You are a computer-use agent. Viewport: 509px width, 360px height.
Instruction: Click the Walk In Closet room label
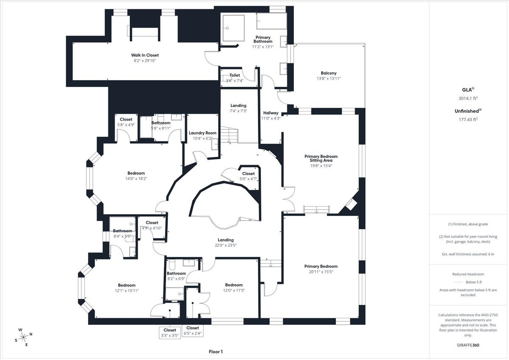tap(145, 55)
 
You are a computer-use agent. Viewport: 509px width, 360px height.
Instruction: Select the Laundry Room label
tap(202, 133)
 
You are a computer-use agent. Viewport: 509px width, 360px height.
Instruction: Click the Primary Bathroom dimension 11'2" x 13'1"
tap(263, 47)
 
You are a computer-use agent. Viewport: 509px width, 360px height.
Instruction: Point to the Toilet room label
tap(235, 75)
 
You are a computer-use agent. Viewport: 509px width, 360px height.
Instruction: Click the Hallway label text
tap(271, 113)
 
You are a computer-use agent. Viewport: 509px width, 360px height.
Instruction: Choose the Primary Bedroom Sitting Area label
tap(321, 158)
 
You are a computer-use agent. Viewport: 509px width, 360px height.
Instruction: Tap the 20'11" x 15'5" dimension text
tap(321, 272)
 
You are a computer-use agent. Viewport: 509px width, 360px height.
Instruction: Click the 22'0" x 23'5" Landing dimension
tap(225, 245)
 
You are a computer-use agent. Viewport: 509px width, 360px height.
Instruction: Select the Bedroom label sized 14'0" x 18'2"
tap(136, 173)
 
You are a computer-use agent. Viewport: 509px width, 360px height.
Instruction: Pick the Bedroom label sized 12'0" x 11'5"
tap(234, 285)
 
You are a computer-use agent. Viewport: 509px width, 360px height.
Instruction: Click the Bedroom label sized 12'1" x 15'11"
tap(127, 285)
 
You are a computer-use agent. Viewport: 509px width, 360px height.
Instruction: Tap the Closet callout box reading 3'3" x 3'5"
tap(170, 332)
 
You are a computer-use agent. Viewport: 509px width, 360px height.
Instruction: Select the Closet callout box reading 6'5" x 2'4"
tap(192, 331)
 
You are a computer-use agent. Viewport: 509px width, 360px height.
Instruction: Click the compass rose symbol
tap(23, 337)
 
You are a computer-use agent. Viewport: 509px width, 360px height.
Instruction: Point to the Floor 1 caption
tap(215, 352)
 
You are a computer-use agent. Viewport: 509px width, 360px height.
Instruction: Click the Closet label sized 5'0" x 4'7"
tap(248, 173)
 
